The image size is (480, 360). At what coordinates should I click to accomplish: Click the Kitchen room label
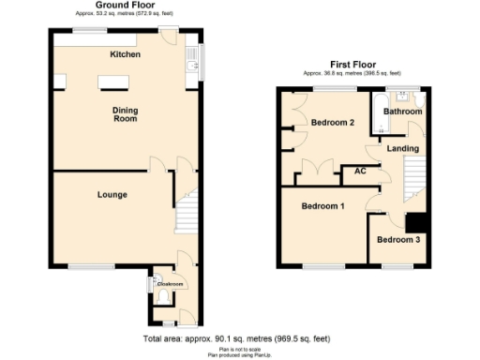[125, 55]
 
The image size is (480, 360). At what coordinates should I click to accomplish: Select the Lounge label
[112, 195]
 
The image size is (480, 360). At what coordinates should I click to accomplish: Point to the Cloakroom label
[170, 283]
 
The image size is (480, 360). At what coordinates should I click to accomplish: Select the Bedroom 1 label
[322, 205]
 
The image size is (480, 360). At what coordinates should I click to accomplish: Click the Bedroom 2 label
[333, 123]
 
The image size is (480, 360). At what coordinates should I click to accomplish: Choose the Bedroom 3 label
[398, 240]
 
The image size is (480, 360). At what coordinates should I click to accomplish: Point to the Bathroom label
[402, 112]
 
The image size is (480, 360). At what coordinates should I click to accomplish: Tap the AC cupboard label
[359, 172]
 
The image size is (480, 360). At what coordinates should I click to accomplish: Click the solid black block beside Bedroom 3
[417, 222]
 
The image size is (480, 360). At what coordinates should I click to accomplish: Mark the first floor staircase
[412, 178]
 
